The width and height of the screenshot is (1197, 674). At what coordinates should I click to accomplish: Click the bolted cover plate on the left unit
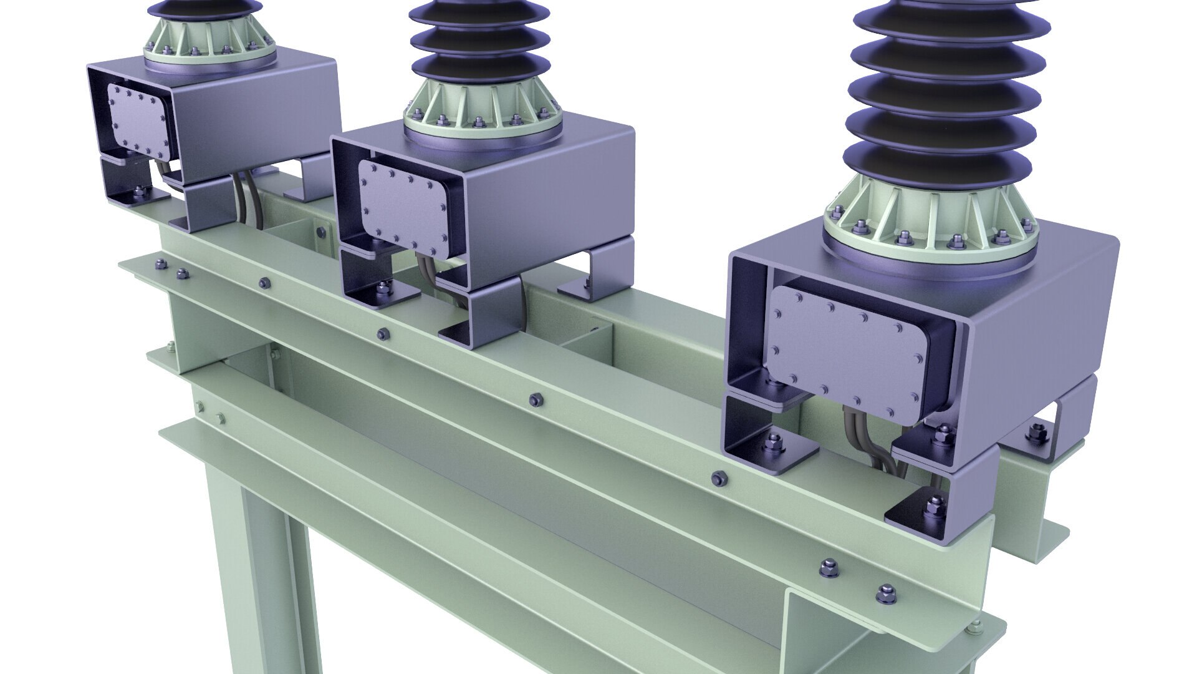[x=138, y=122]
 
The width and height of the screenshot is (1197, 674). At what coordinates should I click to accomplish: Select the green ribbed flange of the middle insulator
[x=483, y=112]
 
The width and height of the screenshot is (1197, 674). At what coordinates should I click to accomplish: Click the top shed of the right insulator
[x=951, y=16]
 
